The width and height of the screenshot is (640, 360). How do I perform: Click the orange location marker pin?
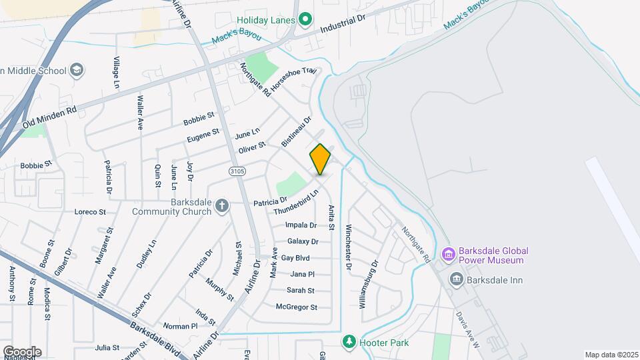click(320, 159)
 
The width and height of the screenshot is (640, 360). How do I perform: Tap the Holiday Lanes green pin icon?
click(305, 19)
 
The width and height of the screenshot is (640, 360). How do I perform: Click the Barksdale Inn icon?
click(457, 278)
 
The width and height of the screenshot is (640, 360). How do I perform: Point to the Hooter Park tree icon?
click(348, 342)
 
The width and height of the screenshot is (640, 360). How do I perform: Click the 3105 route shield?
click(237, 171)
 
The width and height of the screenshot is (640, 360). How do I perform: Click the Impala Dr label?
click(301, 225)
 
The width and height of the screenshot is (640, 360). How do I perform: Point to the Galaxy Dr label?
click(302, 241)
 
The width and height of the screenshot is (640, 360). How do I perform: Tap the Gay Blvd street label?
click(295, 257)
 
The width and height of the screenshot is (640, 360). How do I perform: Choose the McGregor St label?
click(296, 307)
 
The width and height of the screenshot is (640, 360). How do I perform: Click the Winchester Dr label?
click(348, 247)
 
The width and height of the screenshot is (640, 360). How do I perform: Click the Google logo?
click(22, 351)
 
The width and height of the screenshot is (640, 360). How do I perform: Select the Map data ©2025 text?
click(611, 355)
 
